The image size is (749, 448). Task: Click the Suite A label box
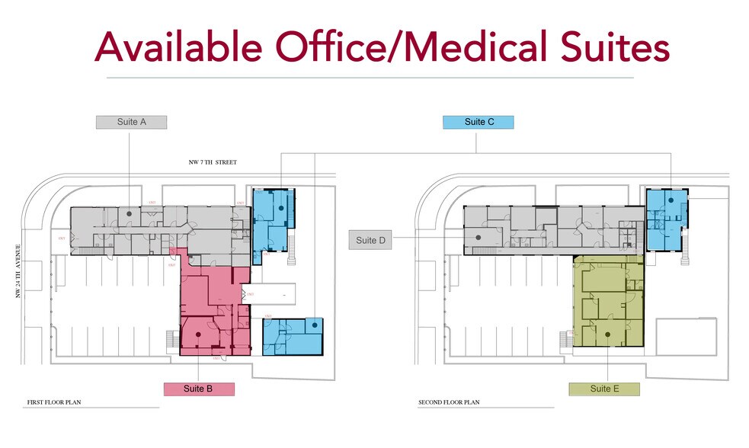point(131,122)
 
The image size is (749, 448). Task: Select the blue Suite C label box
point(479,122)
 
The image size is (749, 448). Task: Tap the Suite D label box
point(371,241)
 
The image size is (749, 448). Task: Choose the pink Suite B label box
point(199,389)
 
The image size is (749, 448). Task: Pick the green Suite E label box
point(604,389)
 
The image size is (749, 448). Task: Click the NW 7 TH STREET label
point(213,162)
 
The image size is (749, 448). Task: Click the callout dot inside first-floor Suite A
point(130,215)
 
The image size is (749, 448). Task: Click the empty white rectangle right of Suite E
point(687,335)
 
